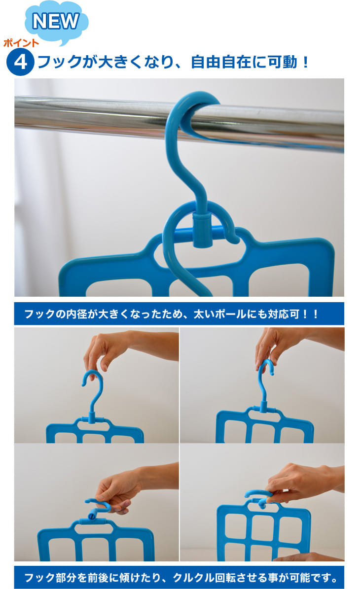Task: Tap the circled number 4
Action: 20,62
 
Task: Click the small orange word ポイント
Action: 21,43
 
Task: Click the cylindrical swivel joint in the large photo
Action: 203,230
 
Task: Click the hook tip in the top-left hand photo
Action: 84,383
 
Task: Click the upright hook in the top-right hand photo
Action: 265,383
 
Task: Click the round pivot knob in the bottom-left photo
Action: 92,517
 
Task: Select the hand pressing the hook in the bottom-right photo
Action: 301,483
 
